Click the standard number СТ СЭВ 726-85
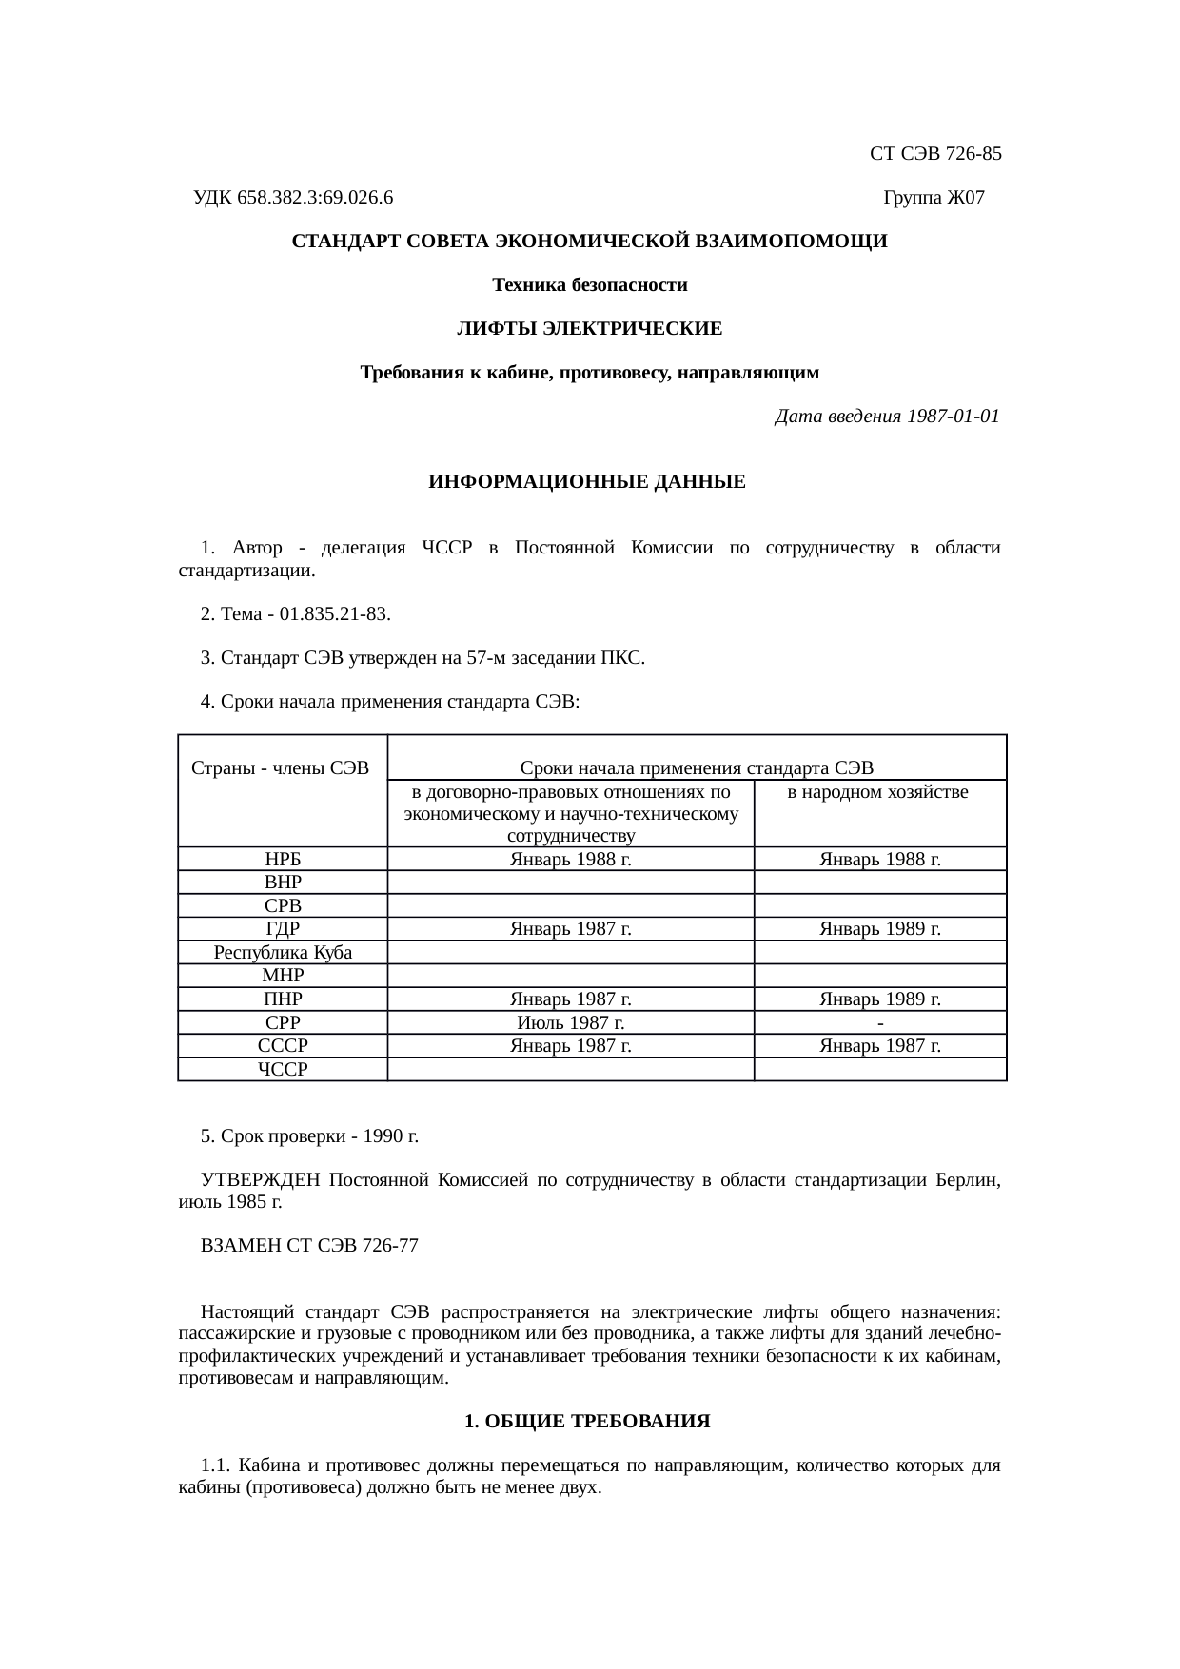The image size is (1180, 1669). [x=935, y=153]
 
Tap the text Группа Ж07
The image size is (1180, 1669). [x=934, y=198]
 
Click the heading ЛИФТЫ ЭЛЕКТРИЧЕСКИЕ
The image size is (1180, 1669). [x=589, y=329]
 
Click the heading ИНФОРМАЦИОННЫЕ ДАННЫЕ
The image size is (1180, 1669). [x=587, y=482]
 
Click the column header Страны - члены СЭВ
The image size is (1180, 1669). [x=281, y=767]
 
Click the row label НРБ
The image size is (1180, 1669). [x=283, y=860]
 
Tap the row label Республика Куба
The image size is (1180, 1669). [x=283, y=953]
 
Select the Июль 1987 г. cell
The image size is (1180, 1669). [x=570, y=1023]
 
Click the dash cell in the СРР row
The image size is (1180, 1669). [x=881, y=1023]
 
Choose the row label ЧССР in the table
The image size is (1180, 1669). [x=283, y=1070]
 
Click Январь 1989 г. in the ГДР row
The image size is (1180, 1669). [x=880, y=929]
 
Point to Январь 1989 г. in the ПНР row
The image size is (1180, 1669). [x=880, y=999]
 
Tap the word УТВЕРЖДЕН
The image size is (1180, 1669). [x=261, y=1180]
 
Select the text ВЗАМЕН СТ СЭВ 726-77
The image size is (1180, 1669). [x=309, y=1246]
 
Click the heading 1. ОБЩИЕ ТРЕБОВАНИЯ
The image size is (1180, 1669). [x=587, y=1422]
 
